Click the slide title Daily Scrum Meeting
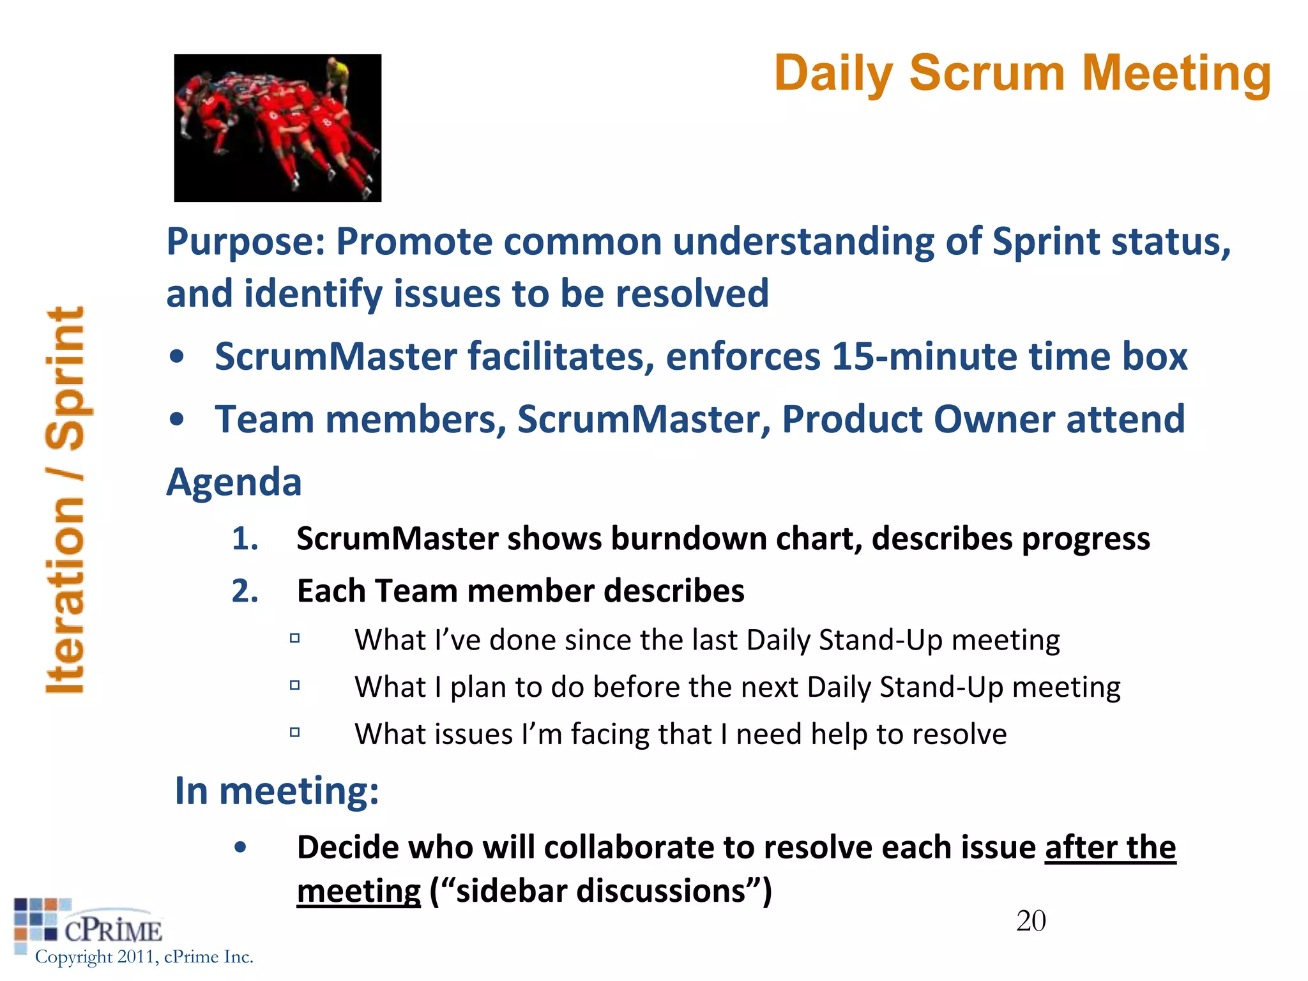1022,73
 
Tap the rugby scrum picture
277,128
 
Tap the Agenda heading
234,482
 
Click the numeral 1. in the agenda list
245,538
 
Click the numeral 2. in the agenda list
245,591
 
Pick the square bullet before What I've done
294,638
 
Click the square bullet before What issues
294,733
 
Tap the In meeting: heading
277,791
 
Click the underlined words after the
1109,848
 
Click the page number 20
1030,921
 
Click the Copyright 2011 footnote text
144,957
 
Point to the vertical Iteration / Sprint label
66,499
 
